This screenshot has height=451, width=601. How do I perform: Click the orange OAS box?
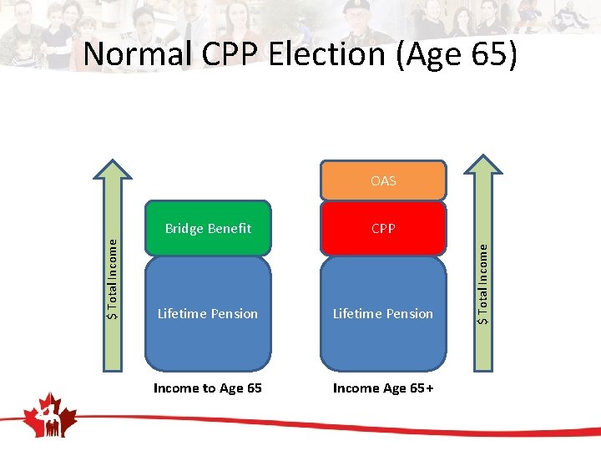383,181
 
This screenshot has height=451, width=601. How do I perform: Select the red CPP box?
383,228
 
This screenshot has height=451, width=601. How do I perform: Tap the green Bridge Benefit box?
208,228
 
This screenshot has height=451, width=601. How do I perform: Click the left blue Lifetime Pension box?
208,314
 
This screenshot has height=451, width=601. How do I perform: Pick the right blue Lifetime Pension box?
383,314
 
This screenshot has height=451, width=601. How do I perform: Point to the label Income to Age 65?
208,388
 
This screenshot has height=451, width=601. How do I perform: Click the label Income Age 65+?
383,388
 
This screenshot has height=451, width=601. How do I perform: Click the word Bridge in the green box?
184,228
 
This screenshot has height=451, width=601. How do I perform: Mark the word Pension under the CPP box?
410,314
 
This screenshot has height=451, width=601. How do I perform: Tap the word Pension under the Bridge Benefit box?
235,314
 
